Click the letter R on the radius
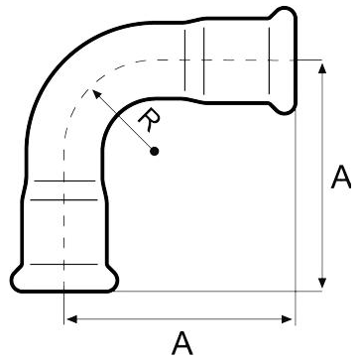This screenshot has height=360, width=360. click(149, 120)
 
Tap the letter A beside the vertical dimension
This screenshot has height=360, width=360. click(341, 178)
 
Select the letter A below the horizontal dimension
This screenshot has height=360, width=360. click(182, 343)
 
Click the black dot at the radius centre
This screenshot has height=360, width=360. click(154, 152)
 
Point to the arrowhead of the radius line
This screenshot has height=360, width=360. click(96, 93)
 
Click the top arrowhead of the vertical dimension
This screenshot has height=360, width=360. click(322, 68)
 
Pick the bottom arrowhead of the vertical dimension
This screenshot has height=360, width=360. click(322, 283)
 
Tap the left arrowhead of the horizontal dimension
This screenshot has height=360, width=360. click(72, 319)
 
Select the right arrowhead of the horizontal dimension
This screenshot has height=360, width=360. click(287, 319)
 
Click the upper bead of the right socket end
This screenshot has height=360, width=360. click(284, 14)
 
